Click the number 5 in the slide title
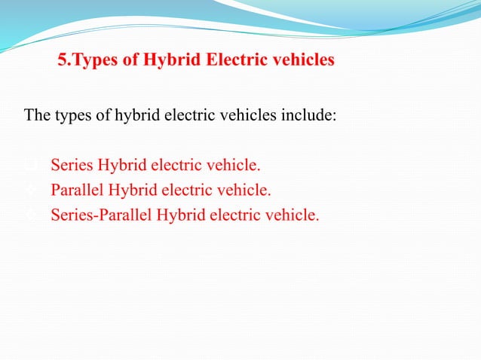pos(63,59)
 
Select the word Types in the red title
pos(91,59)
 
